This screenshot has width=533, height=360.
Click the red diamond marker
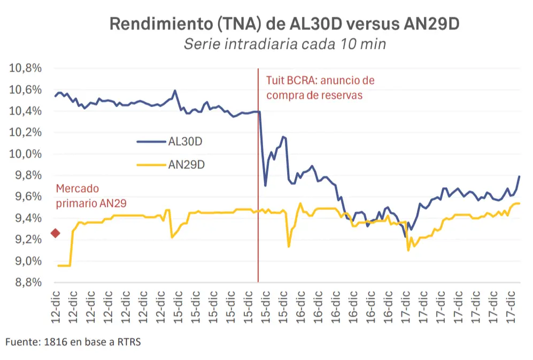pyautogui.click(x=56, y=233)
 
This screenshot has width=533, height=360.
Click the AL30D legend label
pyautogui.click(x=186, y=141)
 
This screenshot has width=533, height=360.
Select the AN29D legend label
pyautogui.click(x=187, y=165)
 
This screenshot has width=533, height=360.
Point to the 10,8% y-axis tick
pyautogui.click(x=25, y=68)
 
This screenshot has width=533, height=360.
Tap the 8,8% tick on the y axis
pyautogui.click(x=28, y=282)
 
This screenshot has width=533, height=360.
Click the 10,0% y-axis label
pyautogui.click(x=25, y=154)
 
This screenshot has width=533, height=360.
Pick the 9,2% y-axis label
pyautogui.click(x=28, y=239)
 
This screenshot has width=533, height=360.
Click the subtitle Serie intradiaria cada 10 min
pyautogui.click(x=285, y=44)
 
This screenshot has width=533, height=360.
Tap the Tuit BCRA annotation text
pyautogui.click(x=320, y=87)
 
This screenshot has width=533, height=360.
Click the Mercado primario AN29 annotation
pyautogui.click(x=91, y=196)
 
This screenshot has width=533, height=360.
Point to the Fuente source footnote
pyautogui.click(x=73, y=342)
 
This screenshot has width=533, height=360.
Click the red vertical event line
pyautogui.click(x=258, y=175)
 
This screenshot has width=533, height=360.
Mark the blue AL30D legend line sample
pyautogui.click(x=151, y=142)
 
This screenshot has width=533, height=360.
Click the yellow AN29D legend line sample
pyautogui.click(x=151, y=165)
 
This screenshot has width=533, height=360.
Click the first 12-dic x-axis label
pyautogui.click(x=56, y=307)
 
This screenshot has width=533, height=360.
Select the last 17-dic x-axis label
pyautogui.click(x=511, y=307)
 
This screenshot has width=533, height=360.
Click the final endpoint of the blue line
pyautogui.click(x=520, y=176)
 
